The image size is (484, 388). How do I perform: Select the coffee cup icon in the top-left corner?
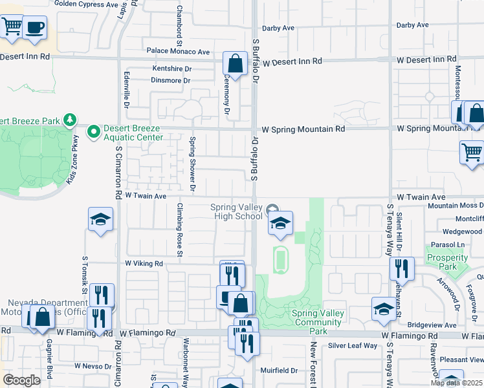point(36,28)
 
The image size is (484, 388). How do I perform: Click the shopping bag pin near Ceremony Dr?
point(236,64)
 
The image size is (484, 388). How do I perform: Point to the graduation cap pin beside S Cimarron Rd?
point(101,221)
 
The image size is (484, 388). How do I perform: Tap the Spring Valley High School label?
point(237,211)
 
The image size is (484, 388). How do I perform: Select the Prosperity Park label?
point(448,262)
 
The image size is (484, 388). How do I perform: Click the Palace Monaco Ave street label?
point(178,52)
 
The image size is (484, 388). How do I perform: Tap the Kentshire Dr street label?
point(172,69)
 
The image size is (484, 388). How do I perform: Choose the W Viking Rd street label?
point(144,264)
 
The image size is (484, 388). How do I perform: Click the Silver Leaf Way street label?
point(353,346)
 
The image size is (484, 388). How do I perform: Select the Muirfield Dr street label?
point(279,371)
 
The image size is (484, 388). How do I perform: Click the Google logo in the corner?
point(21,380)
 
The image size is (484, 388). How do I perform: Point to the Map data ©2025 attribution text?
point(456,383)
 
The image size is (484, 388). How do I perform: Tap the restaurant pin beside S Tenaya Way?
point(402,268)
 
